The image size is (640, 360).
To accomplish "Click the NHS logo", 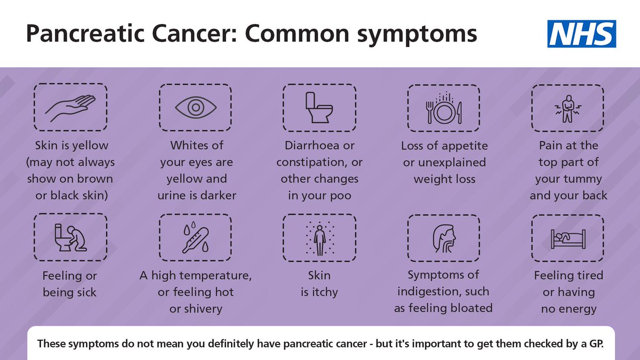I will [582, 34].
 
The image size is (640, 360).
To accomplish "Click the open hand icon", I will [70, 107].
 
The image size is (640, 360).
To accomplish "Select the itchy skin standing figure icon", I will [319, 238].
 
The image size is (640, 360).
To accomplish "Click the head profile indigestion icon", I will [444, 238].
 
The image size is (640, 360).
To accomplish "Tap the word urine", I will [174, 196].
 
